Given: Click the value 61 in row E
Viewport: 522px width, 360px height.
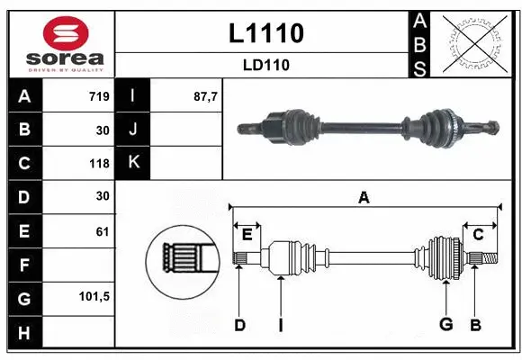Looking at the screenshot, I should [102, 231].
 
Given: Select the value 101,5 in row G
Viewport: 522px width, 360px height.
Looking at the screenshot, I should [94, 296].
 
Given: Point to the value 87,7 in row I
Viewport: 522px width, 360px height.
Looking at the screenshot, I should [206, 96].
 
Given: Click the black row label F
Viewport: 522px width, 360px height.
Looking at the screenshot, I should [23, 266].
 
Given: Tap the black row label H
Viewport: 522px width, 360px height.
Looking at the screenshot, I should [23, 334].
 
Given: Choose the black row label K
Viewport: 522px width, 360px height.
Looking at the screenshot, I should [134, 164].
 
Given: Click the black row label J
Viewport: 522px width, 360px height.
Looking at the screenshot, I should [134, 130].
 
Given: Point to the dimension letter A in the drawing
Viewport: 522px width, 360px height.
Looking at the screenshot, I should [364, 198].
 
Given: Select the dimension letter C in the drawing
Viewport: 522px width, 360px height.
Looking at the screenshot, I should [478, 235].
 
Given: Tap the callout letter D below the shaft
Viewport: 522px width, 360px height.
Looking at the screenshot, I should [239, 325].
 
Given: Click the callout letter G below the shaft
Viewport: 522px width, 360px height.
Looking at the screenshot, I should [445, 325].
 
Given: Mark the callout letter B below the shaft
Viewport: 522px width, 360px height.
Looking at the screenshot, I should [475, 325].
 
